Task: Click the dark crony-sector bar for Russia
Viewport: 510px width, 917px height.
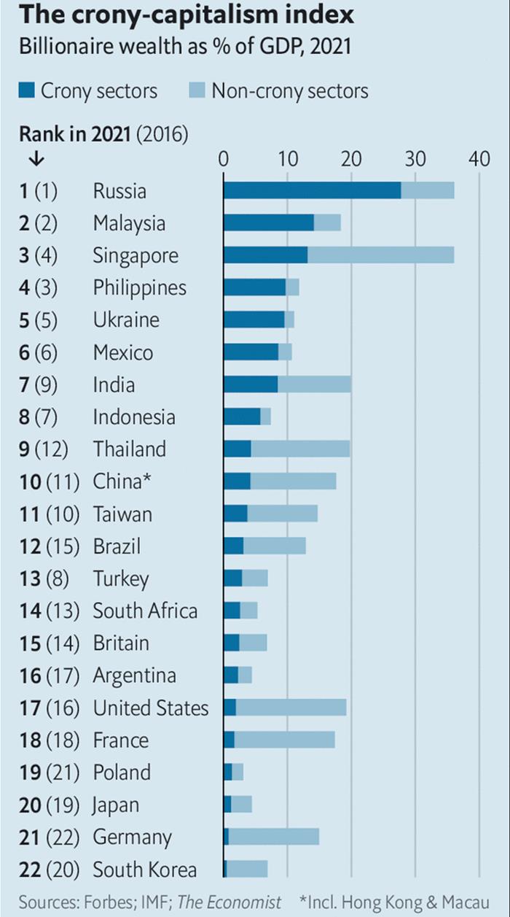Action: pyautogui.click(x=312, y=190)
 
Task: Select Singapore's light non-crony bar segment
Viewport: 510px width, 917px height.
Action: pyautogui.click(x=380, y=255)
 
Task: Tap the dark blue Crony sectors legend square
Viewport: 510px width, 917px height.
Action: pyautogui.click(x=26, y=91)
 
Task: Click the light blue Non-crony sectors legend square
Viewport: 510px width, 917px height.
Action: pyautogui.click(x=197, y=91)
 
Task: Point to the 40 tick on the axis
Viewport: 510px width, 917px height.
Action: pyautogui.click(x=479, y=158)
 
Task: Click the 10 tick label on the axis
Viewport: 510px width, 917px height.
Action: pyautogui.click(x=287, y=158)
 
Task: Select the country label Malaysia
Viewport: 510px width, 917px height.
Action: pyautogui.click(x=129, y=223)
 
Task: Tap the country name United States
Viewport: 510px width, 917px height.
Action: pyautogui.click(x=150, y=708)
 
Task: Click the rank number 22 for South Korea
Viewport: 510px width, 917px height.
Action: pyautogui.click(x=30, y=870)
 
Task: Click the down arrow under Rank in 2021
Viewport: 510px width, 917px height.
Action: pyautogui.click(x=36, y=158)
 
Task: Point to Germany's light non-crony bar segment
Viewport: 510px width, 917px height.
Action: pyautogui.click(x=274, y=837)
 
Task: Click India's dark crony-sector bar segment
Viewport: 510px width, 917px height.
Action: pyautogui.click(x=251, y=384)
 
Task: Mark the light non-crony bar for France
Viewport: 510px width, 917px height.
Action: pyautogui.click(x=285, y=740)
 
